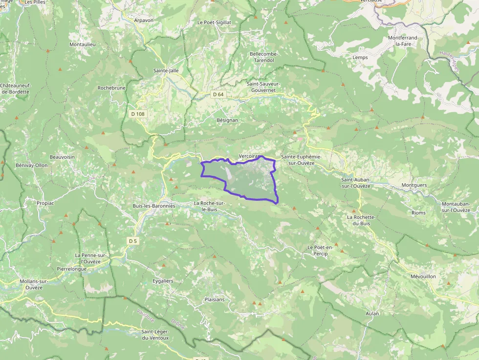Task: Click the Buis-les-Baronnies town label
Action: point(153,206)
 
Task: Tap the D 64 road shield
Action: point(218,94)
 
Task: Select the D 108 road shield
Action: point(138,114)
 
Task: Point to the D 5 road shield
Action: point(132,241)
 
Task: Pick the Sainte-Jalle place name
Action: point(166,70)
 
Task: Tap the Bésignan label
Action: point(227,120)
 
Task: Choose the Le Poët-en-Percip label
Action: point(320,251)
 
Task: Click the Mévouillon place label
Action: point(423,276)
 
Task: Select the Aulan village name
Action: point(372,313)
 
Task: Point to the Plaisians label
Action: point(215,299)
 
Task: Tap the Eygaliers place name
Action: point(163,281)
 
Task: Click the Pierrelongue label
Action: point(72,269)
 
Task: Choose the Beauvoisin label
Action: point(62,157)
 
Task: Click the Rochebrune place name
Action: point(111,88)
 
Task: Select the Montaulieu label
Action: point(83,44)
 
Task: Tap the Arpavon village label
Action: point(144,21)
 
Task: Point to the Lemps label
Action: point(360,57)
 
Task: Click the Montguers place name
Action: point(414,185)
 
